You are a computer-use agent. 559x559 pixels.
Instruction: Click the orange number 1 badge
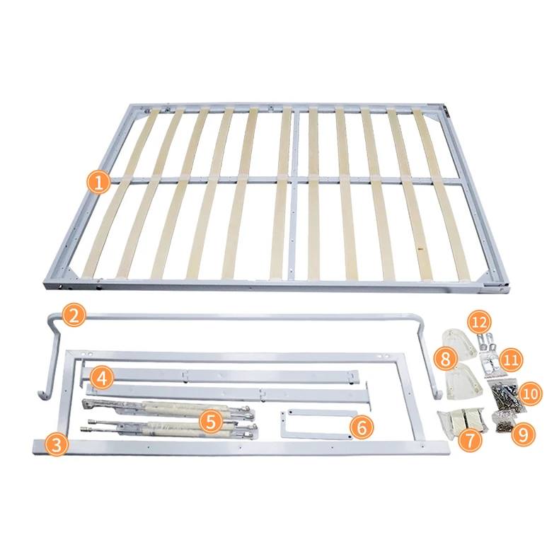[98, 183]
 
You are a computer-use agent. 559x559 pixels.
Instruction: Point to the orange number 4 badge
[103, 379]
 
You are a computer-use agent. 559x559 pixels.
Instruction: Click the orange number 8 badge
[445, 359]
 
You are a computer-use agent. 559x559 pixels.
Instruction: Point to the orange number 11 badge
[512, 360]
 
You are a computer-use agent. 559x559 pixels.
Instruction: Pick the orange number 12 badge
[480, 323]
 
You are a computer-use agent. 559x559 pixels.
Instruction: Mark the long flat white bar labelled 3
[241, 447]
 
